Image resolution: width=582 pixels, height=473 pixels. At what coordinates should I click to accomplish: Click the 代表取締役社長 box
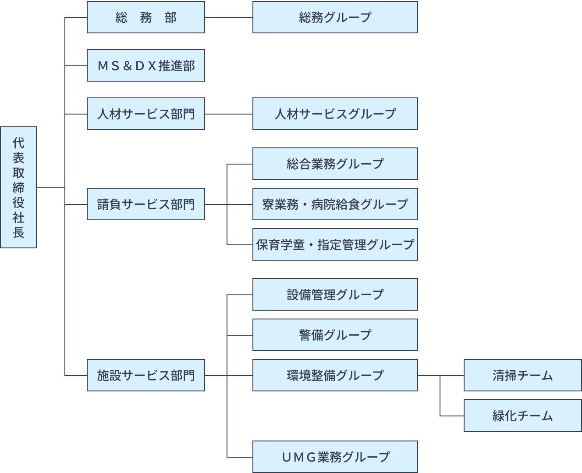18,187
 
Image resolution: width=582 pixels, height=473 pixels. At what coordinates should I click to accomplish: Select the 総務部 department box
145,18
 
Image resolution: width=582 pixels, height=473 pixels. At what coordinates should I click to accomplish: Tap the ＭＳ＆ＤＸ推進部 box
145,66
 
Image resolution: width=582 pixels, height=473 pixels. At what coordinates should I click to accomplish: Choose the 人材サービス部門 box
145,114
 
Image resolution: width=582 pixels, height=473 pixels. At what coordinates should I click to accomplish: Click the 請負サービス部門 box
145,204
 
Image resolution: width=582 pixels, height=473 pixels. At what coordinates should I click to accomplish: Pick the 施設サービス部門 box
145,376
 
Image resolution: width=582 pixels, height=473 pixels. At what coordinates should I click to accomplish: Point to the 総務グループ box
335,18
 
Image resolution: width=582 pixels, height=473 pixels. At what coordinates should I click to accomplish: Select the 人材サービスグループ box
335,114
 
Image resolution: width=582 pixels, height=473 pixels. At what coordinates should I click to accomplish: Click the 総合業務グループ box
335,164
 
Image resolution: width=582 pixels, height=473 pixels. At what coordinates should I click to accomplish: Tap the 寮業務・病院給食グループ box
335,204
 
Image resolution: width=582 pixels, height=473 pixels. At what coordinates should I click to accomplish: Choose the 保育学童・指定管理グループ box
335,245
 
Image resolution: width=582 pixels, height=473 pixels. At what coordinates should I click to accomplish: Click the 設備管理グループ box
335,295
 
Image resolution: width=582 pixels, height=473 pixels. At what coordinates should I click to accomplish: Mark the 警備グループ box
335,335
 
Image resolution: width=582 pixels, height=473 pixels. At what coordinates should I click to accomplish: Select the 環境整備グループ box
335,376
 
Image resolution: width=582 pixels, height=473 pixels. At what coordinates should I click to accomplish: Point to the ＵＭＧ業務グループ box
335,457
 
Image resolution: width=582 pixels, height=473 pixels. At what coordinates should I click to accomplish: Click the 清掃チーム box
522,376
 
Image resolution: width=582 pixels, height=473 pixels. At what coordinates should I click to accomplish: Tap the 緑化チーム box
522,416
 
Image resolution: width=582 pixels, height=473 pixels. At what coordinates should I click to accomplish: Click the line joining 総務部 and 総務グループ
228,18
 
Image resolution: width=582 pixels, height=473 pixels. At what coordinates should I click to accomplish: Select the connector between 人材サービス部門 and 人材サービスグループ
228,114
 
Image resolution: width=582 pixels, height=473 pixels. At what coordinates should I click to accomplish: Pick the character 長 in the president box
18,233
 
